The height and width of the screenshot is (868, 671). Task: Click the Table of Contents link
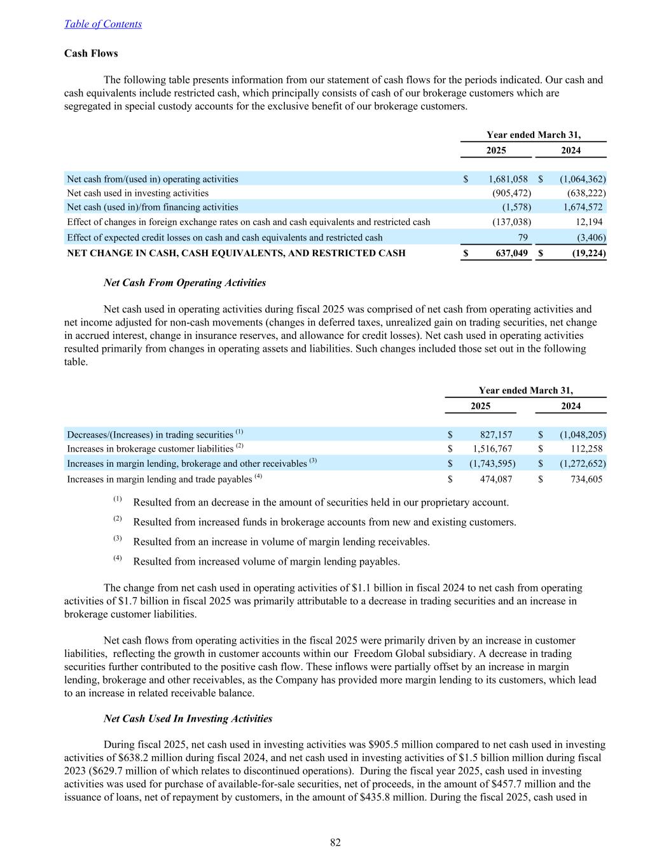tap(103, 24)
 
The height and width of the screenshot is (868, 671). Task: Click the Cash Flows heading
tap(91, 53)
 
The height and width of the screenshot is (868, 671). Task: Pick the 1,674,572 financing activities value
tap(584, 207)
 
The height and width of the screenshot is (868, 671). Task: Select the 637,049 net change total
tap(511, 253)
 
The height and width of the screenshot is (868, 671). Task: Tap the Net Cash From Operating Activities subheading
tap(184, 283)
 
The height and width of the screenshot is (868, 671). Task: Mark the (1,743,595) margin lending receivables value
tap(492, 464)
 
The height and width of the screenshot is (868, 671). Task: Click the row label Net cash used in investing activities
tap(137, 193)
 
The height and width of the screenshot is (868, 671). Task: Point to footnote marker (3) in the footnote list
tap(118, 539)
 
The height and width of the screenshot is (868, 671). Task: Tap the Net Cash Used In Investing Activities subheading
tap(188, 719)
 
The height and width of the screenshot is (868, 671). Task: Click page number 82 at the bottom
tap(335, 843)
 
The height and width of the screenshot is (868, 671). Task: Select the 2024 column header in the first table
tap(571, 151)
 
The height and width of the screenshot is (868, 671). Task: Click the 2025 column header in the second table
tap(480, 406)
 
